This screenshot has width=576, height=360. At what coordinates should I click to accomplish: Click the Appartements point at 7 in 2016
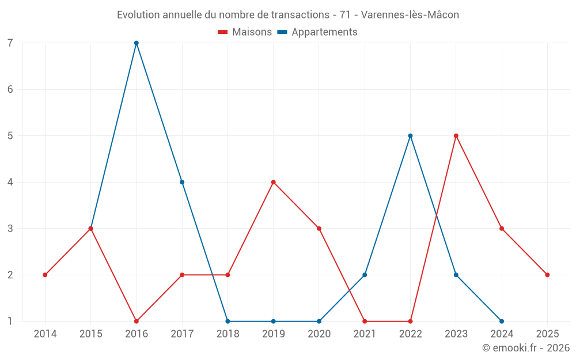coord(137,43)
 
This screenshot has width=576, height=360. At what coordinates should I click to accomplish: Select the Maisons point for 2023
coord(456,136)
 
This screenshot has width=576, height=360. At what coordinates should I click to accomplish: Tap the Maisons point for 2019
coord(274,182)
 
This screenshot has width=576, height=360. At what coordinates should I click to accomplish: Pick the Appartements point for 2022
coord(411,136)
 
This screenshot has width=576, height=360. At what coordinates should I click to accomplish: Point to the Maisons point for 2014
coord(45,275)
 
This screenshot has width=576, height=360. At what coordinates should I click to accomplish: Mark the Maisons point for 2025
coord(547,275)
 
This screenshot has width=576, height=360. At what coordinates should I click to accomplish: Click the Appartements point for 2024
coord(502,321)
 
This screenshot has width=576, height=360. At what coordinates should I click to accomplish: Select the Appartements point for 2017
coord(182,182)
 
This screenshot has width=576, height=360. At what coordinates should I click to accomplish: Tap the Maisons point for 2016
coord(137,321)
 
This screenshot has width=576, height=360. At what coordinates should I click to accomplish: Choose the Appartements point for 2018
coord(228,321)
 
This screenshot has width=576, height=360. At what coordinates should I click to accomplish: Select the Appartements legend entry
coord(317,32)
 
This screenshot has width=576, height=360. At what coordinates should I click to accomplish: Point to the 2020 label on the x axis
coord(319,334)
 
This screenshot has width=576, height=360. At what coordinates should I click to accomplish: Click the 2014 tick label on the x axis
coord(45,334)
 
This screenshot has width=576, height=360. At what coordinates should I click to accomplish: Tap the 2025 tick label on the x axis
coord(547,334)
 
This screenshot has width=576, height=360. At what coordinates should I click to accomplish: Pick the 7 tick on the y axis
coord(10,43)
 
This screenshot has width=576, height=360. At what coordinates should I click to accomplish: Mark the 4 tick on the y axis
coord(10,182)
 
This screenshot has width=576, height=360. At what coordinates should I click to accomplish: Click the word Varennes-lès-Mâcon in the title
coord(410,15)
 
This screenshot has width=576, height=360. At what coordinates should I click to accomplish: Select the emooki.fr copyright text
coord(526,348)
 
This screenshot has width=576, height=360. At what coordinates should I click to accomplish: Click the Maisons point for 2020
coord(319,229)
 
